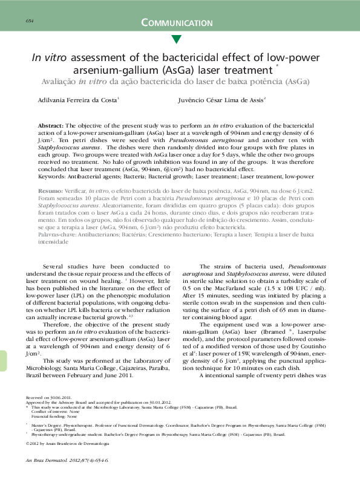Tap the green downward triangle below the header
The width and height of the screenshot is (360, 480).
coord(176,40)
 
